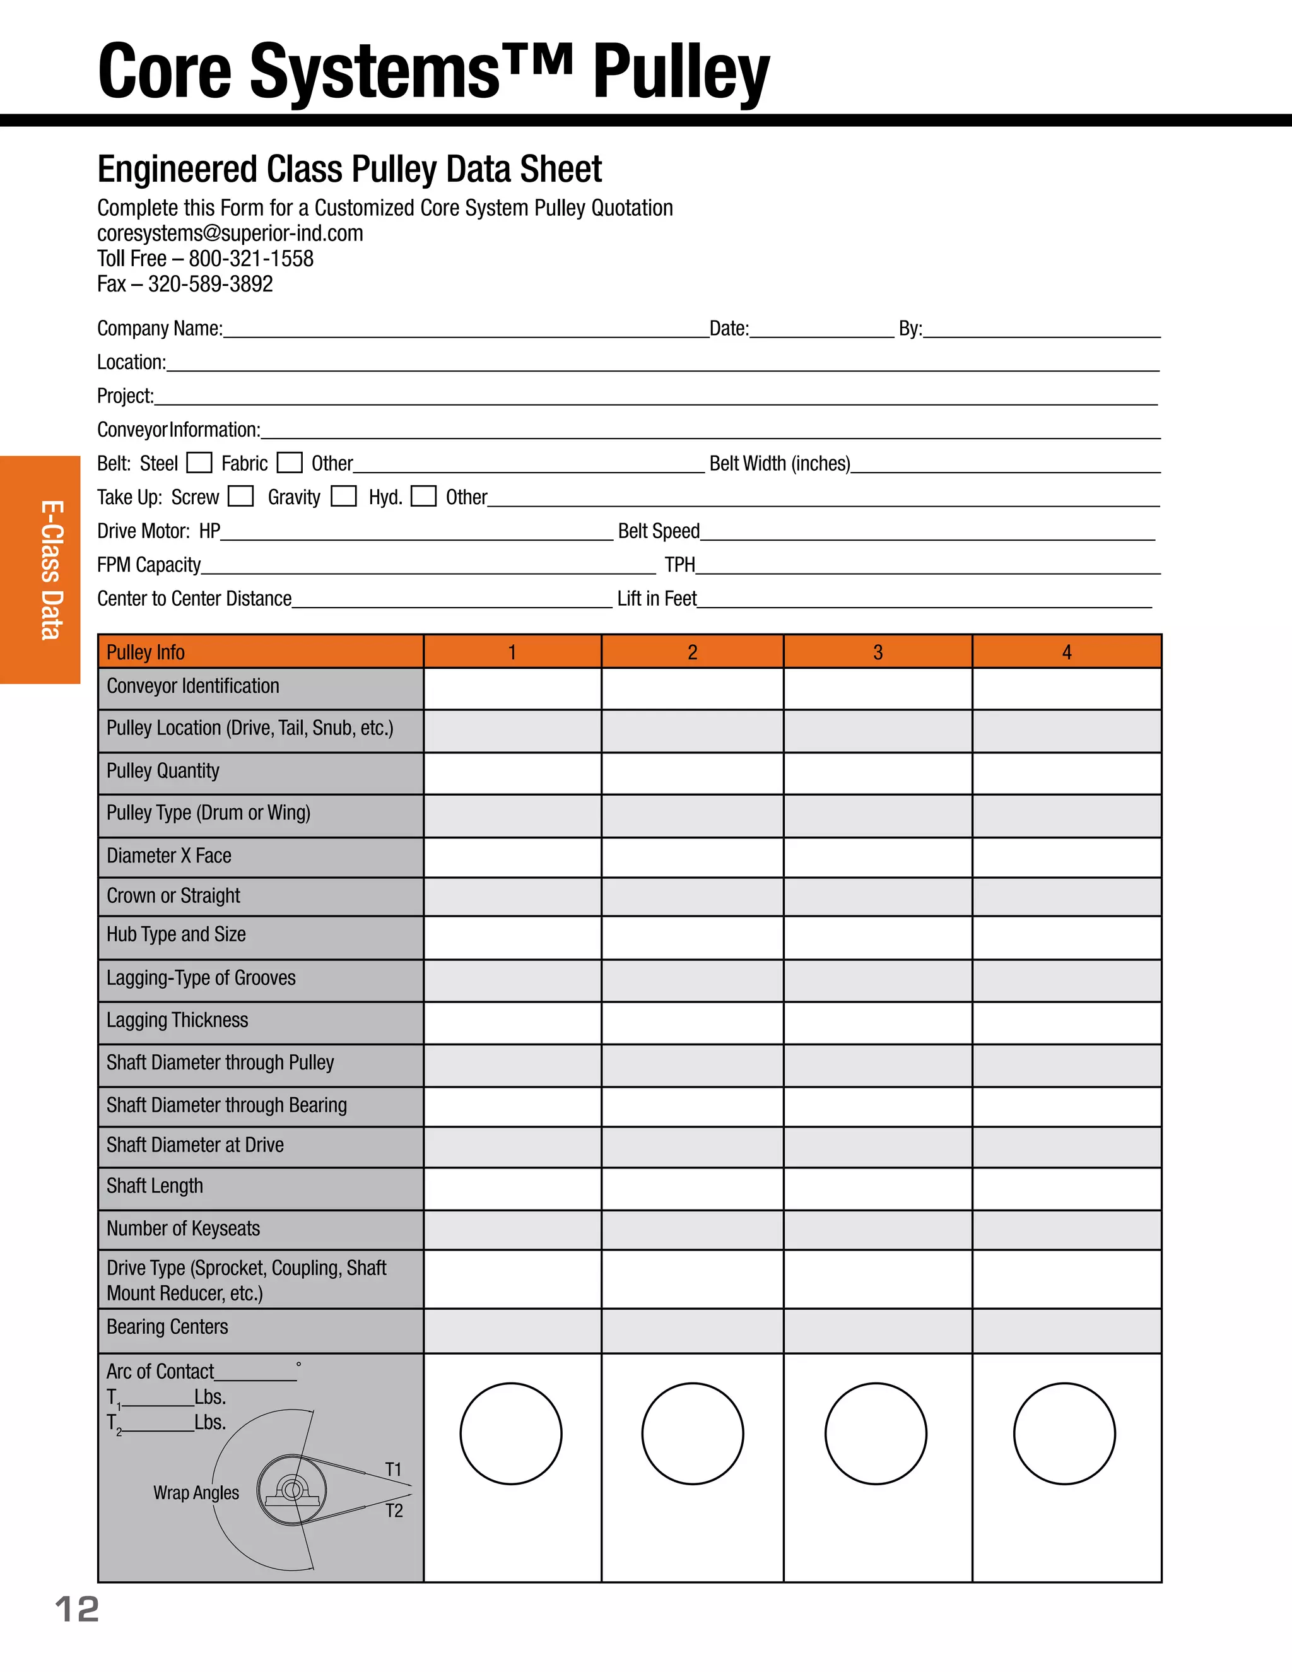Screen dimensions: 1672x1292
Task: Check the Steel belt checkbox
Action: click(199, 462)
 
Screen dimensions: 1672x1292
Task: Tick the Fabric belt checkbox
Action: click(290, 462)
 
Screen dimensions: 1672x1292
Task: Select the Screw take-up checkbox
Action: click(240, 496)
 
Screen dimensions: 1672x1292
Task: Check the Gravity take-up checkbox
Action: click(344, 496)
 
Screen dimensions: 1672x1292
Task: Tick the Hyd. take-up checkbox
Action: click(423, 496)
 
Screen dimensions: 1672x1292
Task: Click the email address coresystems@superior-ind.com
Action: click(230, 233)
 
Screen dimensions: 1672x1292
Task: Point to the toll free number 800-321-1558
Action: click(251, 259)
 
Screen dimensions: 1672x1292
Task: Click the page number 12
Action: click(76, 1610)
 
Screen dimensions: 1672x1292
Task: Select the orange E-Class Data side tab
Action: click(40, 569)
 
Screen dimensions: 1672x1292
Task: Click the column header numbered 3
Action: click(878, 652)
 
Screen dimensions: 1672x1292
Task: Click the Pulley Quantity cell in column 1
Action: click(512, 774)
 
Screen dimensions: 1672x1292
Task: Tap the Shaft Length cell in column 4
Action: click(1066, 1188)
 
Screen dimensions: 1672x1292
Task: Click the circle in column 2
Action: click(692, 1433)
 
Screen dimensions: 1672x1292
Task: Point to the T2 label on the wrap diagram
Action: click(394, 1510)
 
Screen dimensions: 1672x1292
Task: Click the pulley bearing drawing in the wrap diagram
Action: click(291, 1490)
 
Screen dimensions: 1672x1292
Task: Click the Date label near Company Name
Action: click(729, 329)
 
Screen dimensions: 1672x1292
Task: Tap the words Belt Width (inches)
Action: click(779, 464)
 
